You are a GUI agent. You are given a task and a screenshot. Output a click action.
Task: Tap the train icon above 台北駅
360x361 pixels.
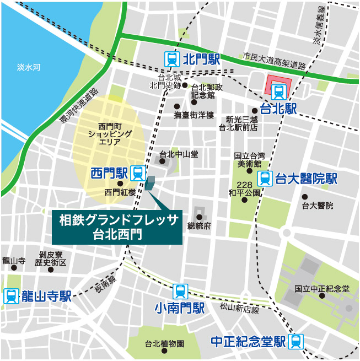click(277, 93)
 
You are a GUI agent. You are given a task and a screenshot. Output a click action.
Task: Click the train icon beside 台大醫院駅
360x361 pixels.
click(265, 179)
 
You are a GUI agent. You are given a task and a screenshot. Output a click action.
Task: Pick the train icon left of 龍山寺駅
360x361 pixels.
click(11, 297)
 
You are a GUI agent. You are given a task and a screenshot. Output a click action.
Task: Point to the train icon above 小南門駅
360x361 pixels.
click(180, 292)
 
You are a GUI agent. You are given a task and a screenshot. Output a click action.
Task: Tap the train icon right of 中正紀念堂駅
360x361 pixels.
click(296, 342)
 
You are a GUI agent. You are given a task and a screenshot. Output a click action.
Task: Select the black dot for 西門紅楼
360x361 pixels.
click(120, 183)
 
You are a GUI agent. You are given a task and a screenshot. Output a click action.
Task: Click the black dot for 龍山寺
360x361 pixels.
click(14, 268)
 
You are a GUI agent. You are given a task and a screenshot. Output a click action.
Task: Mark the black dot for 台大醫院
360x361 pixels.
click(304, 197)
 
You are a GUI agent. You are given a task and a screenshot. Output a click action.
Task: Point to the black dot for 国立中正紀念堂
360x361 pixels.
click(322, 296)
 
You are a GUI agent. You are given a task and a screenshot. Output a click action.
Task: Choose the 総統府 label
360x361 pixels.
click(200, 226)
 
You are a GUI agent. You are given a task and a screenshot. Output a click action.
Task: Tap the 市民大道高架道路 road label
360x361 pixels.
click(274, 61)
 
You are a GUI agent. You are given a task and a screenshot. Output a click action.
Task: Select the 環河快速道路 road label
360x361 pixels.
click(79, 106)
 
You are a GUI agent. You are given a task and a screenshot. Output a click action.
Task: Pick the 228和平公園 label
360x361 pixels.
click(244, 189)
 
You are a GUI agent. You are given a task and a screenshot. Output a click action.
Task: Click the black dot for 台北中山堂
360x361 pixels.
click(162, 161)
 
